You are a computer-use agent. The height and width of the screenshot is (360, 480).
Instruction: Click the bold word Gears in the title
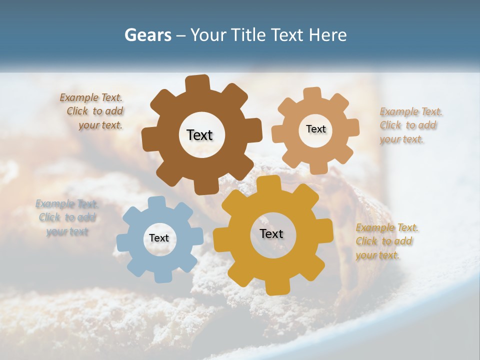[x=145, y=35]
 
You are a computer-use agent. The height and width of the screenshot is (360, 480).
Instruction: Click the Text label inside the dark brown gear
[x=199, y=135]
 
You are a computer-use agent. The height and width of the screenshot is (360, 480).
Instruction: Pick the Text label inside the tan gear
[x=315, y=129]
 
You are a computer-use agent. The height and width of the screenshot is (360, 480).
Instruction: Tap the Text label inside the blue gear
[x=159, y=238]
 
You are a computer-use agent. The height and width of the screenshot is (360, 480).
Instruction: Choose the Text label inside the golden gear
[x=271, y=233]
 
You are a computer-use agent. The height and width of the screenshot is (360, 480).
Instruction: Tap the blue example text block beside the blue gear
[x=66, y=217]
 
